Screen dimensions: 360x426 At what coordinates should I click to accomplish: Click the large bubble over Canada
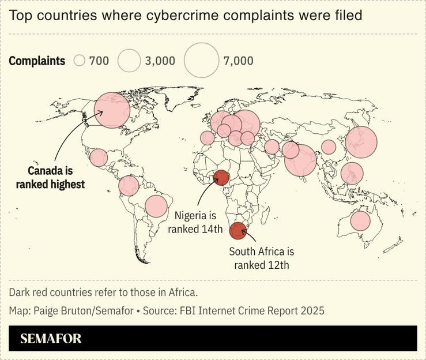click(112, 110)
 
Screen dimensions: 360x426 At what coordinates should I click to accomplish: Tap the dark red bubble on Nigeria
click(221, 178)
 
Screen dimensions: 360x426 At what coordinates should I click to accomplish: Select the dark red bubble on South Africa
click(237, 231)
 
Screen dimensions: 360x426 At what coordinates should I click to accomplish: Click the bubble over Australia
click(360, 221)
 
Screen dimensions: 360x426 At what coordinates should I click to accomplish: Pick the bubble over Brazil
click(156, 206)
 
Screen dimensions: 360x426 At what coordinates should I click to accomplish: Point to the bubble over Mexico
click(99, 157)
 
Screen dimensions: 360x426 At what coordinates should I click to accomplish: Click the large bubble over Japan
click(361, 142)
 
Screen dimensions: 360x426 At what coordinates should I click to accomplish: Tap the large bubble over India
click(300, 160)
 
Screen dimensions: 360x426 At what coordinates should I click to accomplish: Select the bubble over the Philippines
click(352, 173)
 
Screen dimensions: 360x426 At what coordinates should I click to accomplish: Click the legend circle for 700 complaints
click(80, 61)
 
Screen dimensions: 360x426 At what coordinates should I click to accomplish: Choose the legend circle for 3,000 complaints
click(129, 61)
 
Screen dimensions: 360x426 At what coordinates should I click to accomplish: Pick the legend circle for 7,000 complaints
click(202, 61)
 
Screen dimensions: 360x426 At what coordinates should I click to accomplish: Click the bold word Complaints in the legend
click(37, 61)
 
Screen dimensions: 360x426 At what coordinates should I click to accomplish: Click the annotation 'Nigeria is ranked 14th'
click(195, 222)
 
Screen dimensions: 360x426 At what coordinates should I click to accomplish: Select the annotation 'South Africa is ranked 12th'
click(261, 258)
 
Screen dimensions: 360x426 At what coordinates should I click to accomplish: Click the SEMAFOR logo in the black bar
click(51, 339)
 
